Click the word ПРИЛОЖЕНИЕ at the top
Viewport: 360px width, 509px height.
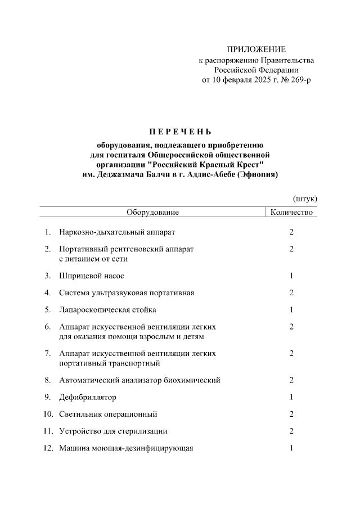coord(256,49)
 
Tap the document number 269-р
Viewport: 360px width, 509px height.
coord(298,80)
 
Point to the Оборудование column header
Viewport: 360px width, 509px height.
coord(152,213)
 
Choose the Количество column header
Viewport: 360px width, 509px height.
coord(291,213)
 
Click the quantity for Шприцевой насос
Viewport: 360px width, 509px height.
coord(291,276)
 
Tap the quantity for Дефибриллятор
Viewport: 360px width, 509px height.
coord(291,398)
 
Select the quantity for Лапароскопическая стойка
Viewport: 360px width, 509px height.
coord(291,310)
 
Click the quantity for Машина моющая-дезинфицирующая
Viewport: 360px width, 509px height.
coord(291,448)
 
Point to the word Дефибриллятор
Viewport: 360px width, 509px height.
coord(88,398)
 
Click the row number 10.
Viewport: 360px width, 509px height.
coord(48,415)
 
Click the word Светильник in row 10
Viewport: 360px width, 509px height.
coord(80,415)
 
